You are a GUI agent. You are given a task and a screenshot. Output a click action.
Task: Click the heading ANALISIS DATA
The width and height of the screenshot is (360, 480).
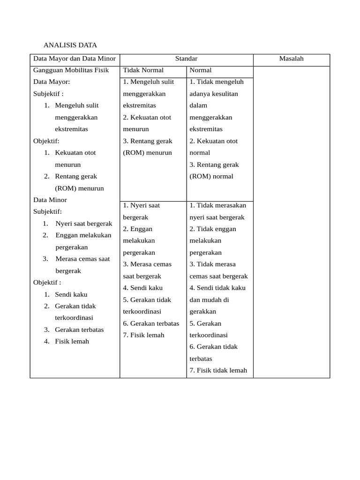click(70, 45)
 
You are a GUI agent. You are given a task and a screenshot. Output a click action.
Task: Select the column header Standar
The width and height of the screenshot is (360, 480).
click(186, 59)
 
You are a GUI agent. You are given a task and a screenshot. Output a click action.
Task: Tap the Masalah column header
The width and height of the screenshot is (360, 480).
click(291, 59)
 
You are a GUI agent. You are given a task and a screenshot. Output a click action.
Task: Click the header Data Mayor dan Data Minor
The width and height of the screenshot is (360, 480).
click(75, 59)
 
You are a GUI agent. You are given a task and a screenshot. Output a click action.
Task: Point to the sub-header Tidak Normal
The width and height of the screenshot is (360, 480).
click(143, 70)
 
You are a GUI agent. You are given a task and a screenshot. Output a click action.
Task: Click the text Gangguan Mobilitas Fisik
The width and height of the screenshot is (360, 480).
click(71, 70)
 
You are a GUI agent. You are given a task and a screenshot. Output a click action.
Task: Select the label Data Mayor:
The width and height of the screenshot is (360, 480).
click(52, 82)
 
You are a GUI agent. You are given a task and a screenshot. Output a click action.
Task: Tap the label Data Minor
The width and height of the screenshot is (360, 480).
click(50, 200)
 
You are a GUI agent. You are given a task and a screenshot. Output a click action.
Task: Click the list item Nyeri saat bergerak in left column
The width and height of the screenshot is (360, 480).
click(83, 224)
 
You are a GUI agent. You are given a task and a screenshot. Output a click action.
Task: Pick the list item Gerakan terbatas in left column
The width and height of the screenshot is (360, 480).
click(79, 330)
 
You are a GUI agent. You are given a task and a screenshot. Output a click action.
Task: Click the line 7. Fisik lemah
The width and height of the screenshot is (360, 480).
click(144, 335)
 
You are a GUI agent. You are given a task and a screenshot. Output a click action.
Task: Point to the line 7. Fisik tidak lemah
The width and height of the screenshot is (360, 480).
click(218, 370)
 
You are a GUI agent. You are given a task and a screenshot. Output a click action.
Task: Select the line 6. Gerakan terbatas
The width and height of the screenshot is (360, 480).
click(151, 323)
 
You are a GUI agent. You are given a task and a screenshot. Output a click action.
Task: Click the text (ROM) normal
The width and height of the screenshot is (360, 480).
click(211, 177)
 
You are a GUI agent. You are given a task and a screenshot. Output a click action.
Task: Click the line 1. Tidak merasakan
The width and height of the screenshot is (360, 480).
click(217, 205)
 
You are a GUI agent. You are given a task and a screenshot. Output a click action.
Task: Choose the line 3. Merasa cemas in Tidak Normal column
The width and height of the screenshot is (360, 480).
click(147, 264)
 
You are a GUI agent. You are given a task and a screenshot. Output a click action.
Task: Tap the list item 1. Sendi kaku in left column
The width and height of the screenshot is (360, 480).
click(71, 294)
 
